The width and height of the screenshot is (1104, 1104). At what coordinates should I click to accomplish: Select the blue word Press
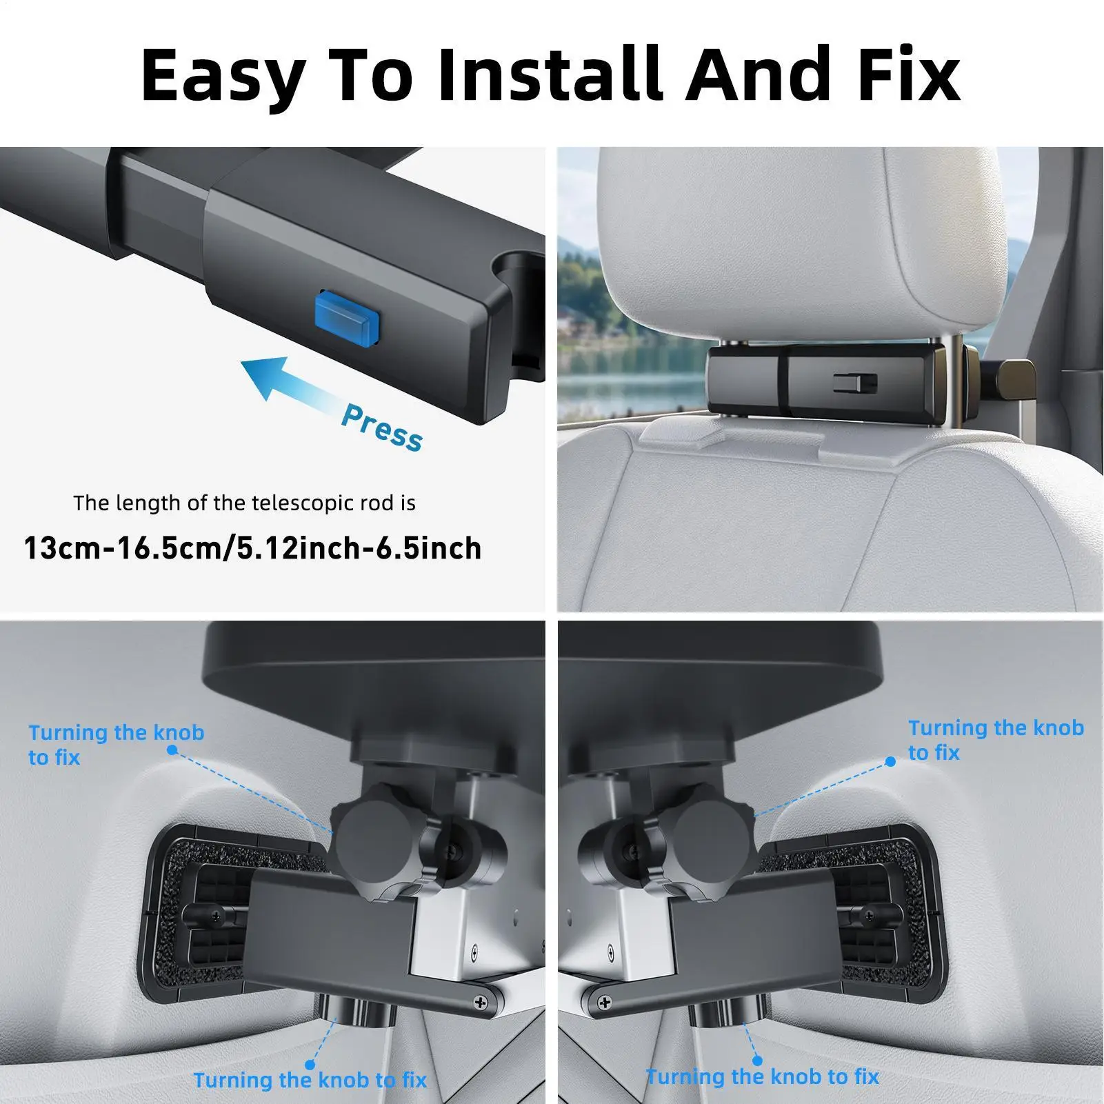[x=382, y=428]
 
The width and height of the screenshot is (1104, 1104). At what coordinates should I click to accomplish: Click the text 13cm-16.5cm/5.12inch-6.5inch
[x=252, y=549]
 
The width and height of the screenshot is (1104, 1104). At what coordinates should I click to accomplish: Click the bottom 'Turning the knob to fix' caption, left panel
[x=310, y=1080]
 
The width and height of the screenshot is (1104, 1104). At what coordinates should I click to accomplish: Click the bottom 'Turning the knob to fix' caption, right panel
[x=762, y=1076]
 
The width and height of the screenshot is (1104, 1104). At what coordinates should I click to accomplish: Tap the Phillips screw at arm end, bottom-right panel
[x=604, y=1002]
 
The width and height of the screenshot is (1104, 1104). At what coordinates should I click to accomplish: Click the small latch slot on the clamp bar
[x=855, y=381]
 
